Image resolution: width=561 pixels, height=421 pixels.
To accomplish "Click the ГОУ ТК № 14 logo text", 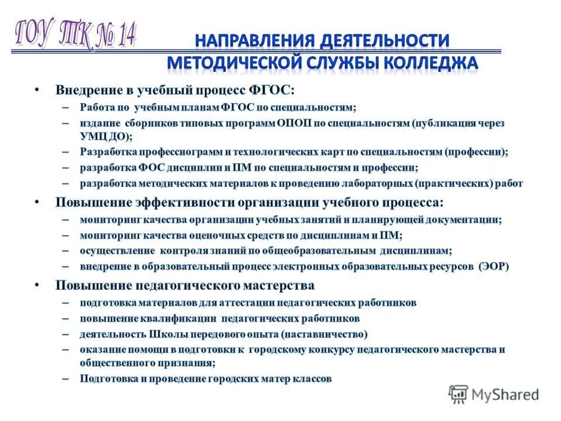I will click(x=74, y=35).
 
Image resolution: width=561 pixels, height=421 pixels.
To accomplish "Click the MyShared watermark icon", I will click(x=459, y=394).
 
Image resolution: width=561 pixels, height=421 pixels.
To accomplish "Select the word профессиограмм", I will click(x=190, y=152).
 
